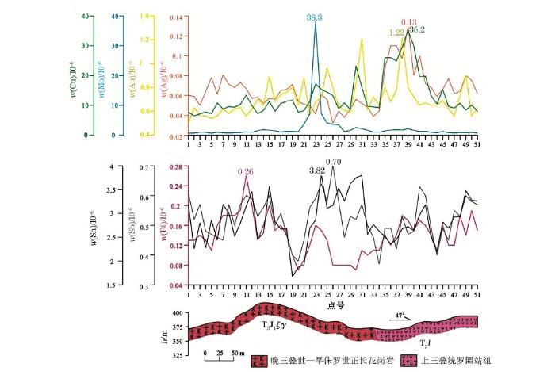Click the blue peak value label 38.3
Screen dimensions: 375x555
[316, 16]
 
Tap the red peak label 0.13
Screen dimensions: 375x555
[409, 22]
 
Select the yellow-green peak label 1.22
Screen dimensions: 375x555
[397, 33]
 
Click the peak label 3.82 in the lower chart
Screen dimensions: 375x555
[317, 170]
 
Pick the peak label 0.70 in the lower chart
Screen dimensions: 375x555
[334, 163]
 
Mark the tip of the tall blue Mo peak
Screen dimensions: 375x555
[316, 23]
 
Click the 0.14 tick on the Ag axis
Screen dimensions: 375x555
[176, 17]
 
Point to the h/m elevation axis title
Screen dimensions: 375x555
[164, 332]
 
